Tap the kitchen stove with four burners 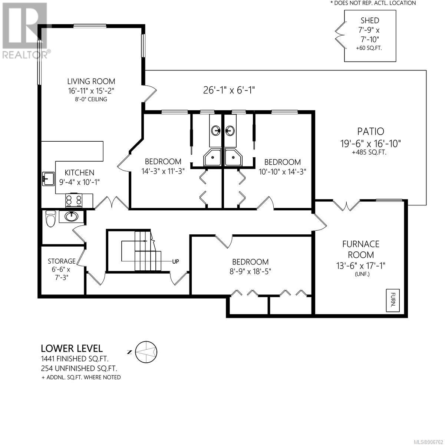(x=74, y=200)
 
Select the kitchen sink (x=49, y=179)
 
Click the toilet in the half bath (x=50, y=218)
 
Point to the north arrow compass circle (x=146, y=352)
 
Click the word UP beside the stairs (x=175, y=262)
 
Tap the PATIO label (x=370, y=131)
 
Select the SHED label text (x=370, y=20)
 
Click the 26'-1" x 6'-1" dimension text (x=229, y=90)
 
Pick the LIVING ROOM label (x=91, y=81)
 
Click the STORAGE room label (x=62, y=261)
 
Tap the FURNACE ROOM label (x=361, y=250)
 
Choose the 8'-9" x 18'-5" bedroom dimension (x=250, y=271)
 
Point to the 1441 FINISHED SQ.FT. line (x=75, y=359)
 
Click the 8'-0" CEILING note (x=91, y=99)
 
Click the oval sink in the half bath (x=72, y=216)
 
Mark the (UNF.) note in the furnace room (x=362, y=274)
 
